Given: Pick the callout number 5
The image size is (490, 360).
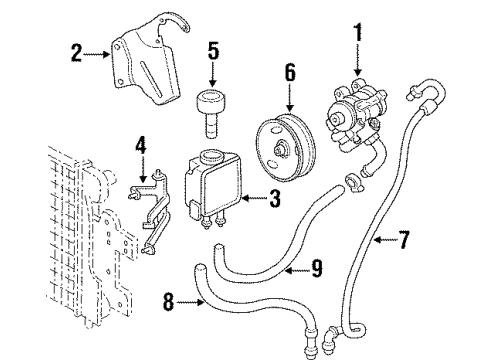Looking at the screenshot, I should pyautogui.click(x=212, y=49).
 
